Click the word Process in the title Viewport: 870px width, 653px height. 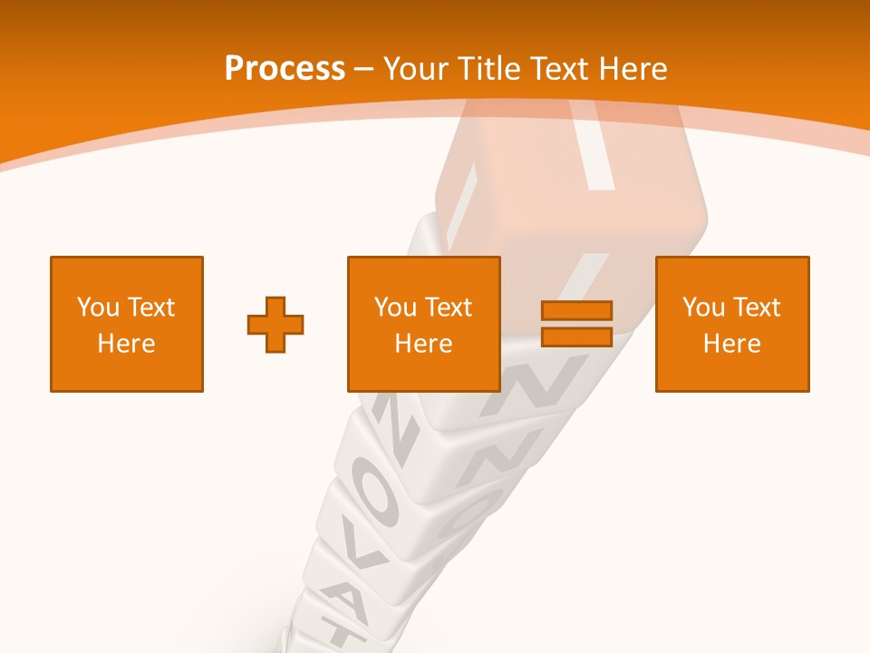[285, 69]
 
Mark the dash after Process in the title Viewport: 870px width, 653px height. [364, 70]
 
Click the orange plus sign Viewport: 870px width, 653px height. [275, 324]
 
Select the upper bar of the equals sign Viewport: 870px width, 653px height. [576, 310]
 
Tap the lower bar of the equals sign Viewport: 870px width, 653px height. [576, 336]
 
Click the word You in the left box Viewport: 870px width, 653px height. [98, 307]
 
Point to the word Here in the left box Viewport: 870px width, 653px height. [127, 344]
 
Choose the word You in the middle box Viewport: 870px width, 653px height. [395, 307]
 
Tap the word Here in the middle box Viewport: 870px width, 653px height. [424, 344]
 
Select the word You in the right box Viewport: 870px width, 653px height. [703, 307]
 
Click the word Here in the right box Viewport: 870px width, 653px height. [732, 344]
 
